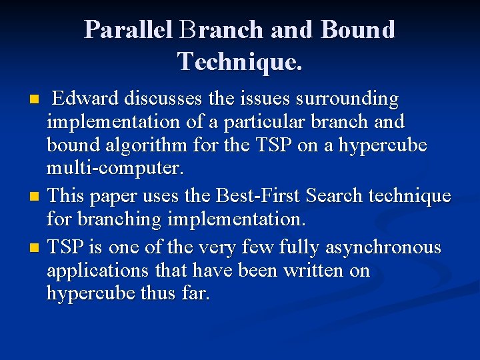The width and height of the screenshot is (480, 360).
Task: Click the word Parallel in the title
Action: click(x=128, y=30)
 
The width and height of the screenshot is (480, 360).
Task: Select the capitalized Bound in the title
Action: click(x=358, y=30)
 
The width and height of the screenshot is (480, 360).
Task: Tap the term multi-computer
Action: click(x=114, y=168)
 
